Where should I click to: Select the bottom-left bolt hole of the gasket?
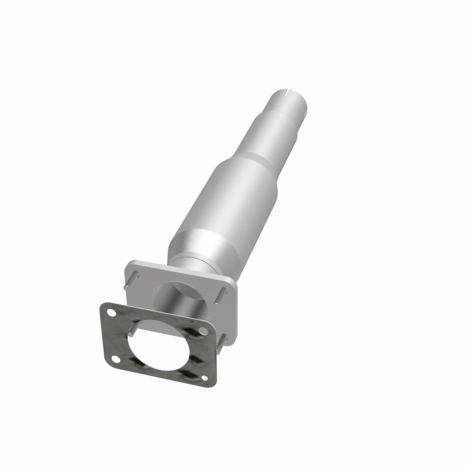pos(115,359)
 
